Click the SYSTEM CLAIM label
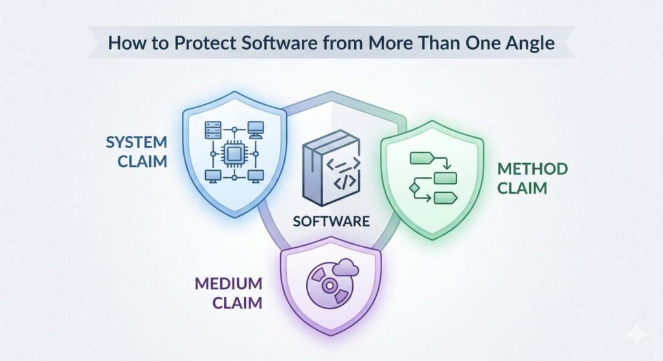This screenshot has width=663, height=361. [136, 151]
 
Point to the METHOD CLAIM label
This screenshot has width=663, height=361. [532, 179]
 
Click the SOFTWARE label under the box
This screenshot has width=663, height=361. [331, 221]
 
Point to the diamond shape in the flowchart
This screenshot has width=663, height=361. [413, 188]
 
